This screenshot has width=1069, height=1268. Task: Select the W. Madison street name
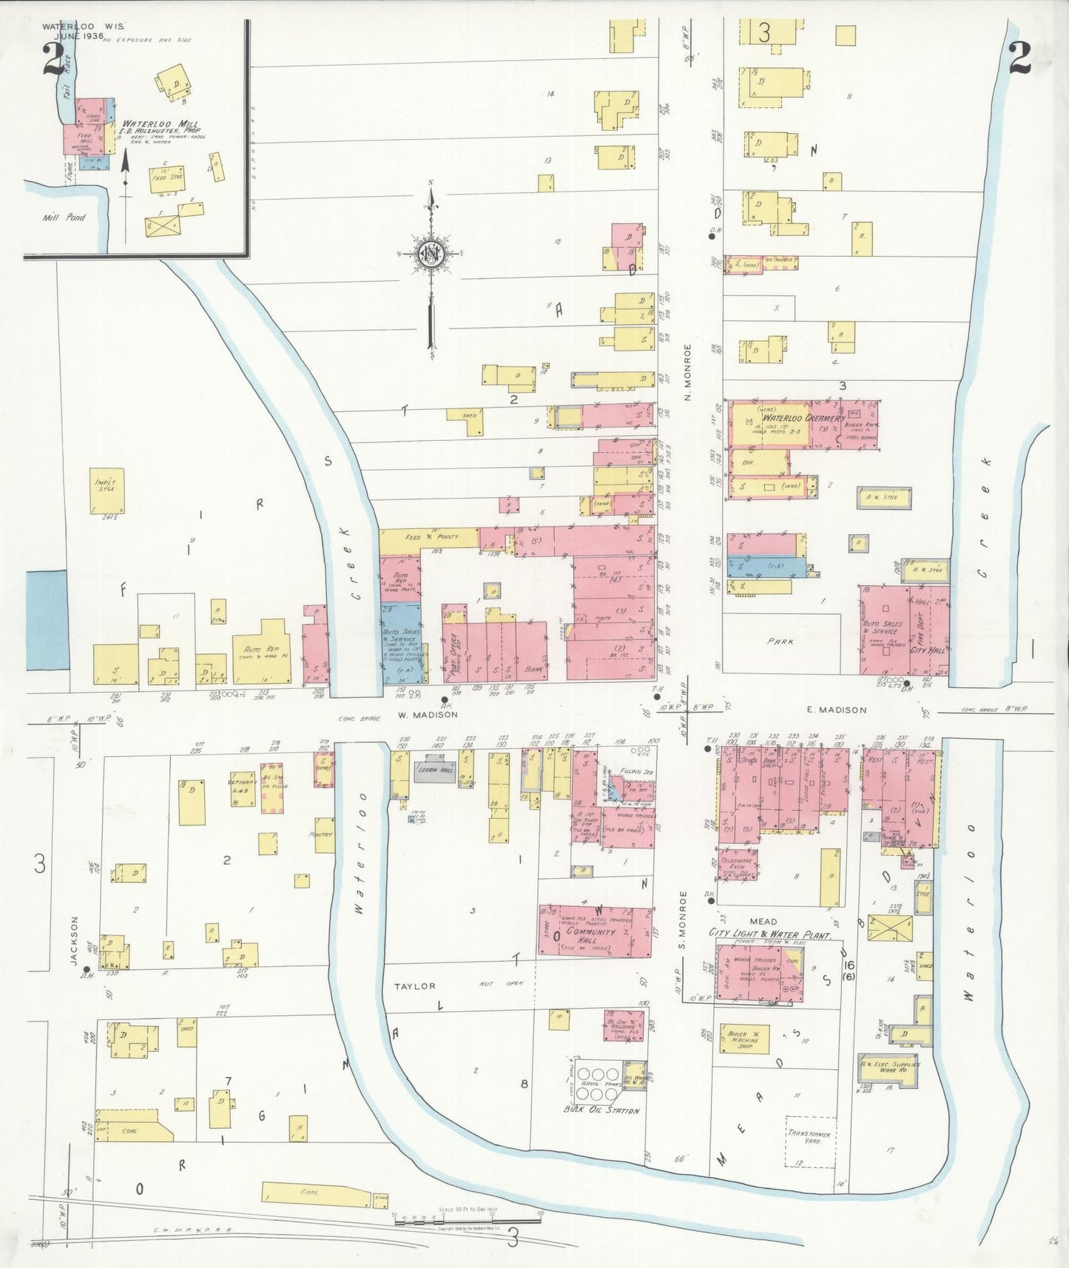[428, 715]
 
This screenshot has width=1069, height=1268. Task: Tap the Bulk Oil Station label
[601, 1110]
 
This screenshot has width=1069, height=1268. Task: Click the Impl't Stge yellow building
[107, 490]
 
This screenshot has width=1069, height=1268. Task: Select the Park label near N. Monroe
[780, 641]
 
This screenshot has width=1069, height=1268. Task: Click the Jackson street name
[75, 940]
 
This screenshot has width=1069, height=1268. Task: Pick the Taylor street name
[414, 986]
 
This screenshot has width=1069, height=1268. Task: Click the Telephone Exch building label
[737, 865]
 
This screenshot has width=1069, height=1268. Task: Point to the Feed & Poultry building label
[431, 536]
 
